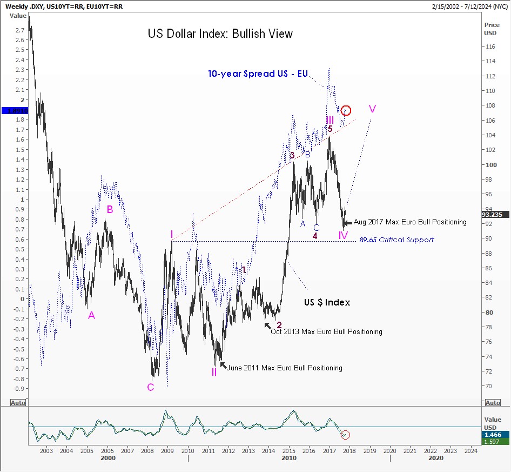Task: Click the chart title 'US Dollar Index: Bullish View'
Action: pos(220,34)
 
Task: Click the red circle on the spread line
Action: pos(346,111)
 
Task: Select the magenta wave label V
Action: pos(372,109)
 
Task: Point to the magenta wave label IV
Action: pos(343,235)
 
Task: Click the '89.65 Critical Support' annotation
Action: pos(396,240)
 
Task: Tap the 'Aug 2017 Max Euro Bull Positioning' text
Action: pos(410,222)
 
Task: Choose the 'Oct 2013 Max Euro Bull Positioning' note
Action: pos(326,331)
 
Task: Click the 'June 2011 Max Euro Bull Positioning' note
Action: pos(285,368)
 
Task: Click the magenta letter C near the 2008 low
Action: pos(150,387)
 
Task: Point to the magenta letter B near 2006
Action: pos(110,209)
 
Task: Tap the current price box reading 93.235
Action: pos(494,215)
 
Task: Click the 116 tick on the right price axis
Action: pos(490,47)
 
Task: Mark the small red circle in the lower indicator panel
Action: pos(346,434)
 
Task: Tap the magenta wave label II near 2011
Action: pos(214,372)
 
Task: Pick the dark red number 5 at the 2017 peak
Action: pos(330,129)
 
